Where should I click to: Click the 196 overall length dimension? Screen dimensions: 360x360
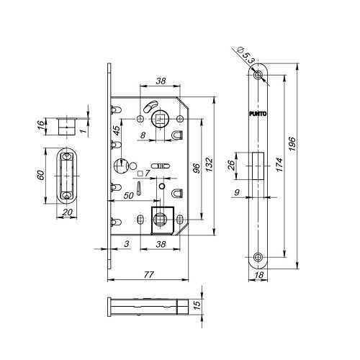tap(292, 143)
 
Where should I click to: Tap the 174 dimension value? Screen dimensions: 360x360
tap(279, 165)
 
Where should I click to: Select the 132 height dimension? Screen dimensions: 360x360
tap(209, 165)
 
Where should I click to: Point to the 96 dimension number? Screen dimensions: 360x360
tap(196, 168)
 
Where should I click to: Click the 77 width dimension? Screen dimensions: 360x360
tap(148, 274)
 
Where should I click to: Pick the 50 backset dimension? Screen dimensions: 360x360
tap(128, 196)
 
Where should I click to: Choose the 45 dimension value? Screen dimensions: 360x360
tap(117, 130)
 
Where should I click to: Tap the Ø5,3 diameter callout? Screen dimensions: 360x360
tap(246, 55)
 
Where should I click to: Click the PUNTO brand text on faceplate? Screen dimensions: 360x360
tap(258, 114)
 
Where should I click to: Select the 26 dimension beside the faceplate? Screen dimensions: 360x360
tap(231, 165)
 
